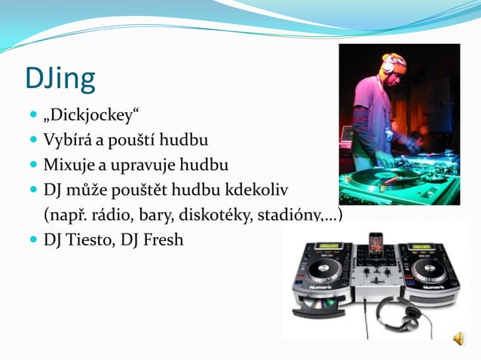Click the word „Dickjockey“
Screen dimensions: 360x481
(91, 117)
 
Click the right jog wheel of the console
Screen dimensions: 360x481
(427, 270)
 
